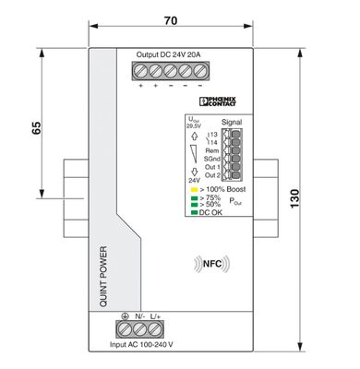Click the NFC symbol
209,263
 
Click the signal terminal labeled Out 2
234,175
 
